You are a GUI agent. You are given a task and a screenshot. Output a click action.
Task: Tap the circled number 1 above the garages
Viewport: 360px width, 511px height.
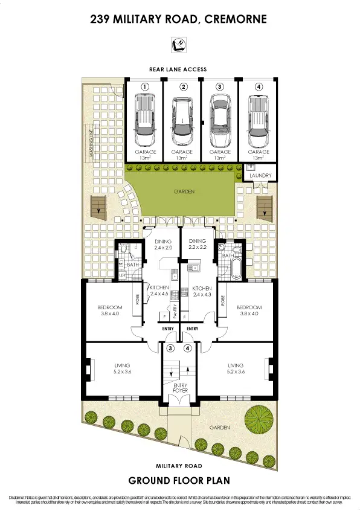[x=145, y=87]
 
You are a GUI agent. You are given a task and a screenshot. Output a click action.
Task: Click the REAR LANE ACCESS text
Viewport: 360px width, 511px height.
[x=178, y=69]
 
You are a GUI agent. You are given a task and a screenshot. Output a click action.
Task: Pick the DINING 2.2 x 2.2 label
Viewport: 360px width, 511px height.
[x=198, y=244]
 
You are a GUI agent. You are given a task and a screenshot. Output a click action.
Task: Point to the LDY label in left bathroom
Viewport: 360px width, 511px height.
[x=122, y=275]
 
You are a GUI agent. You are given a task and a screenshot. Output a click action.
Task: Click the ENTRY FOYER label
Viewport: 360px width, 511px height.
[x=180, y=388]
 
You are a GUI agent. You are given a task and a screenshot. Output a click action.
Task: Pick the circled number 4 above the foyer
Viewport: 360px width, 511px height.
[x=188, y=349]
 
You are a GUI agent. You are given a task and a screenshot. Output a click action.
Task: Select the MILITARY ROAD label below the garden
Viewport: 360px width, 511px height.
[x=178, y=466]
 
